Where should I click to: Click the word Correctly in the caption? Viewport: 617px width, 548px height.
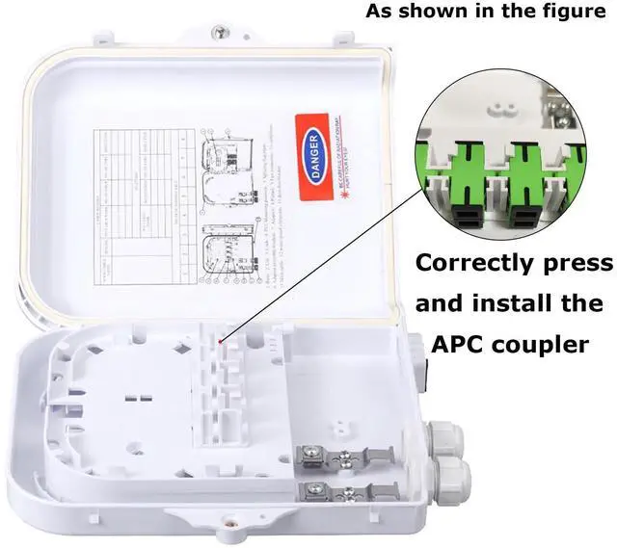tap(473, 264)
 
